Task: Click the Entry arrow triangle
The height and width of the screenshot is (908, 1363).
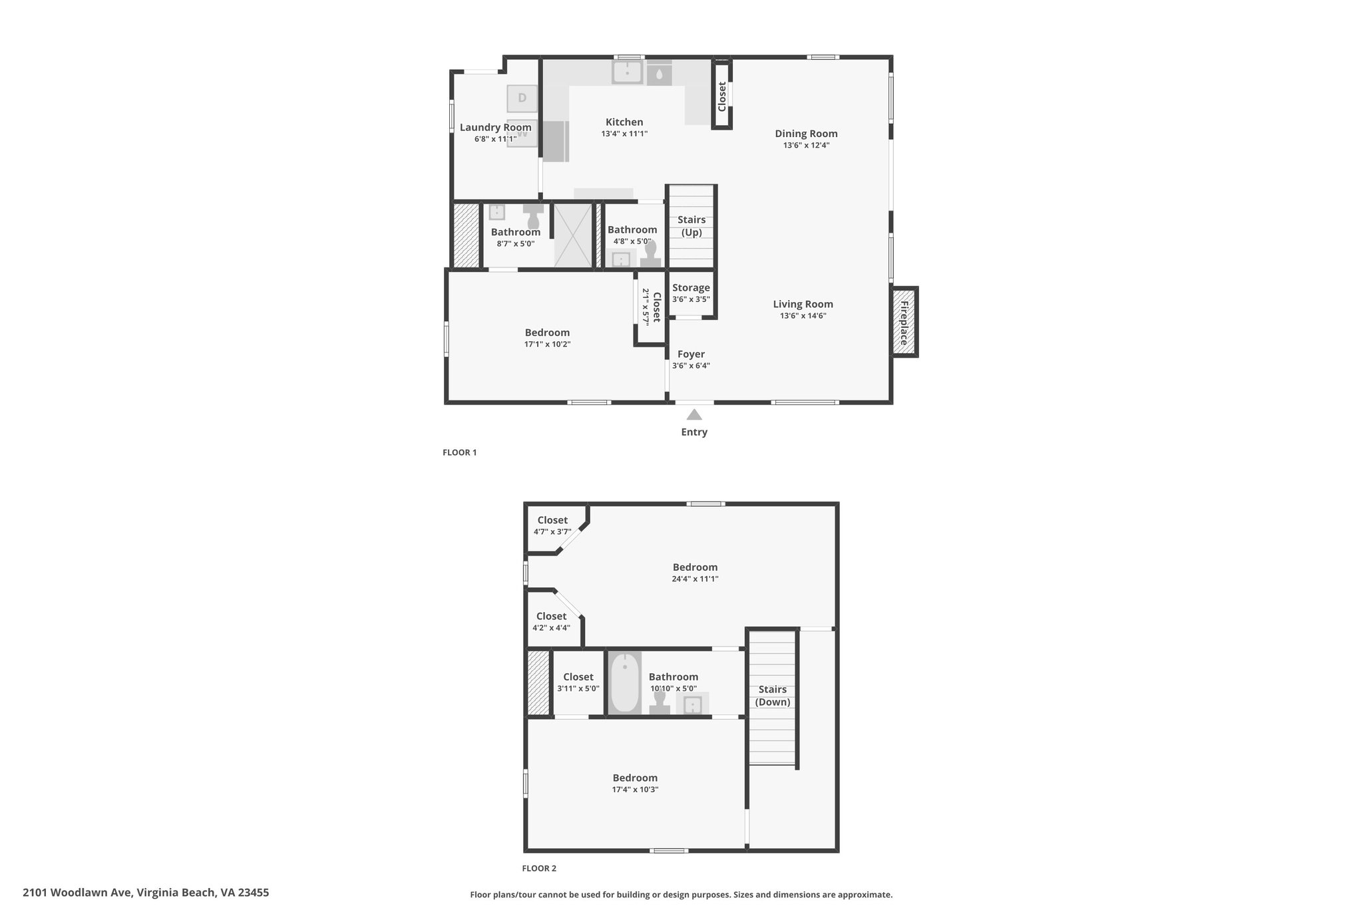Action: pyautogui.click(x=694, y=415)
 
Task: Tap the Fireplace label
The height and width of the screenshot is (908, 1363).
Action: pyautogui.click(x=904, y=323)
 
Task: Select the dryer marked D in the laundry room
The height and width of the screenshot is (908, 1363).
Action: pyautogui.click(x=522, y=98)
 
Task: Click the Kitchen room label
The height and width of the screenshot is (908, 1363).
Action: pyautogui.click(x=624, y=122)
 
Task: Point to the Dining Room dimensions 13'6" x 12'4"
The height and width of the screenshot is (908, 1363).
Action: pyautogui.click(x=806, y=145)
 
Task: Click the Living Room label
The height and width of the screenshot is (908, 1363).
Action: pyautogui.click(x=803, y=304)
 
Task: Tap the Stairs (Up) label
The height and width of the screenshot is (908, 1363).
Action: pyautogui.click(x=691, y=226)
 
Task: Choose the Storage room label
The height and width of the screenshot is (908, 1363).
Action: pyautogui.click(x=691, y=287)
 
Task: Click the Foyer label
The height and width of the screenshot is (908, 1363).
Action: pyautogui.click(x=691, y=354)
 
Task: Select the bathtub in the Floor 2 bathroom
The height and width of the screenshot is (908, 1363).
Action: pyautogui.click(x=624, y=682)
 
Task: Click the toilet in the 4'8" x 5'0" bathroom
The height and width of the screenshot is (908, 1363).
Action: pyautogui.click(x=650, y=253)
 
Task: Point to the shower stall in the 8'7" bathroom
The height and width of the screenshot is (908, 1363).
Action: pyautogui.click(x=572, y=235)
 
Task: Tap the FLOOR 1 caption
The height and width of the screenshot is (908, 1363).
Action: pyautogui.click(x=460, y=452)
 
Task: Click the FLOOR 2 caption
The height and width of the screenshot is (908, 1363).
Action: pyautogui.click(x=539, y=868)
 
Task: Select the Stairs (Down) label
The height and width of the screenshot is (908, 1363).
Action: pyautogui.click(x=773, y=696)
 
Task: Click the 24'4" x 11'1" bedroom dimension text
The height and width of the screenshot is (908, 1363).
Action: pyautogui.click(x=695, y=579)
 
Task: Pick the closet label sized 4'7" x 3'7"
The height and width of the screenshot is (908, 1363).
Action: pyautogui.click(x=552, y=520)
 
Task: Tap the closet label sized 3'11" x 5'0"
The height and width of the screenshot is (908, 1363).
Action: pyautogui.click(x=578, y=677)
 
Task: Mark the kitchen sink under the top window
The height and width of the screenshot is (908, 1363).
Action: pyautogui.click(x=627, y=72)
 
